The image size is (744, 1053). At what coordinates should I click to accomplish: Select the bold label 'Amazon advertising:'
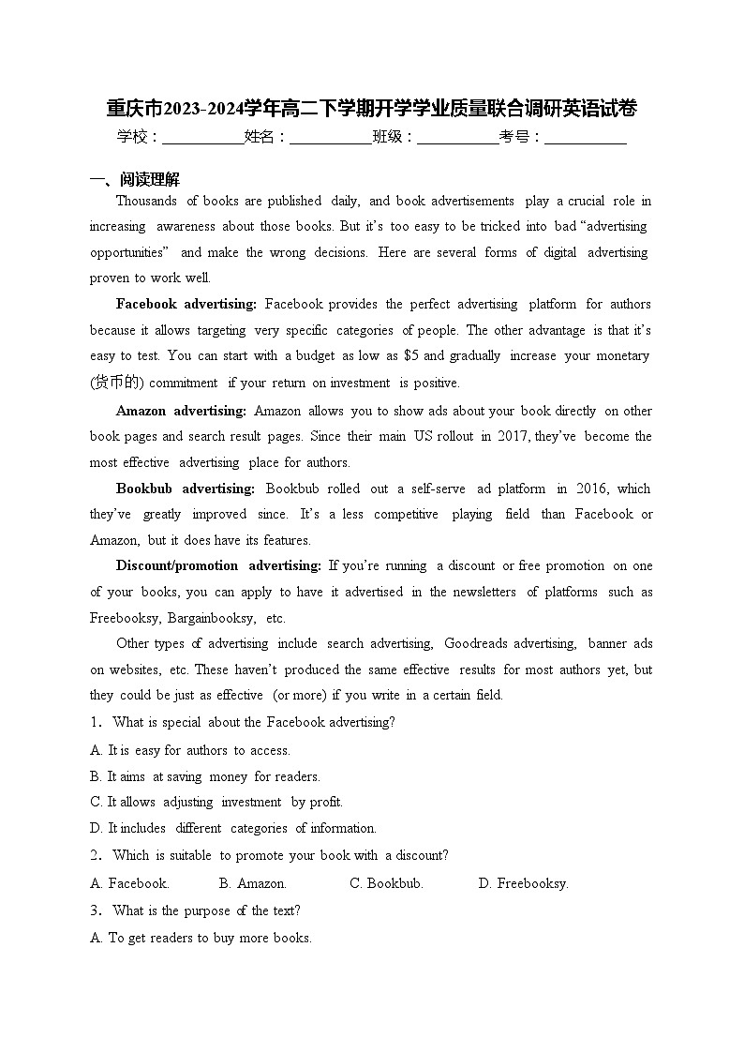coord(181,411)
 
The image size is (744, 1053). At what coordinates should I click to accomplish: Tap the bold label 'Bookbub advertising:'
coord(185,489)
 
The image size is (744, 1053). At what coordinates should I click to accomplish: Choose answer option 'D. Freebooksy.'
coord(523,883)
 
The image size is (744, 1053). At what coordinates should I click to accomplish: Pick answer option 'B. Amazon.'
coord(253,883)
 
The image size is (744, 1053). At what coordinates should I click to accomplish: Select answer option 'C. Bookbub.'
coord(386,883)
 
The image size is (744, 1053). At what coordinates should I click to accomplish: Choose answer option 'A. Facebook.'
coord(129,883)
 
